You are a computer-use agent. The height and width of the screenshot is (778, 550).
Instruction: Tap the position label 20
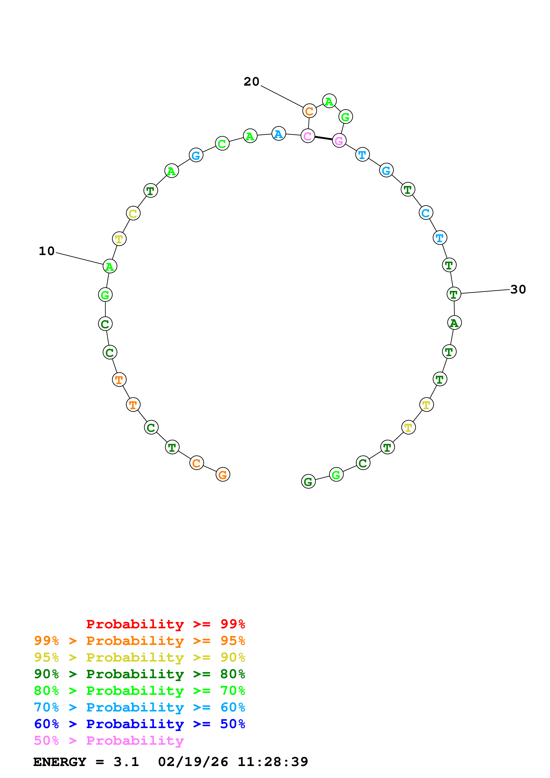(251, 82)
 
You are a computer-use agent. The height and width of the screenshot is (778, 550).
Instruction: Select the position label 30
(518, 289)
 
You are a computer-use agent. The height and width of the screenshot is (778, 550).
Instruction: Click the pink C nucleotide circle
(308, 136)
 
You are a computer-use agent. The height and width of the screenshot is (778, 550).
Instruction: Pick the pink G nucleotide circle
(339, 141)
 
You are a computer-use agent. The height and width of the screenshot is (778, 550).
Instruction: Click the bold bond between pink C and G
(323, 138)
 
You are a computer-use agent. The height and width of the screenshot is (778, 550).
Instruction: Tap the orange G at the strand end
(223, 474)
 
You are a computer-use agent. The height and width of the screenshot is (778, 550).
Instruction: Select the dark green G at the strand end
(308, 481)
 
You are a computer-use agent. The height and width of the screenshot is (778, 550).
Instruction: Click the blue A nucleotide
(279, 134)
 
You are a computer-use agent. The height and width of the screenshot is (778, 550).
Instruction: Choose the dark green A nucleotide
(454, 323)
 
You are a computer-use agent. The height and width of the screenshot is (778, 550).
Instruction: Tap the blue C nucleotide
(426, 213)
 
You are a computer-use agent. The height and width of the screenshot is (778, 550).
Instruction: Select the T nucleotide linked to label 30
(454, 294)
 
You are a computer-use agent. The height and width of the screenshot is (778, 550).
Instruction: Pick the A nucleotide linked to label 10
(110, 266)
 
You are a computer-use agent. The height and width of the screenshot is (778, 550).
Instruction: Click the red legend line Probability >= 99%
(165, 624)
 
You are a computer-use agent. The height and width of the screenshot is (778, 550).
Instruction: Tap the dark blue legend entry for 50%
(139, 724)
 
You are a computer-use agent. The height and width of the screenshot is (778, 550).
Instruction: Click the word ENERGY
(60, 762)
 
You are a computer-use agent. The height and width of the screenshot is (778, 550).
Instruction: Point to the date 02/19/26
(193, 762)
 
